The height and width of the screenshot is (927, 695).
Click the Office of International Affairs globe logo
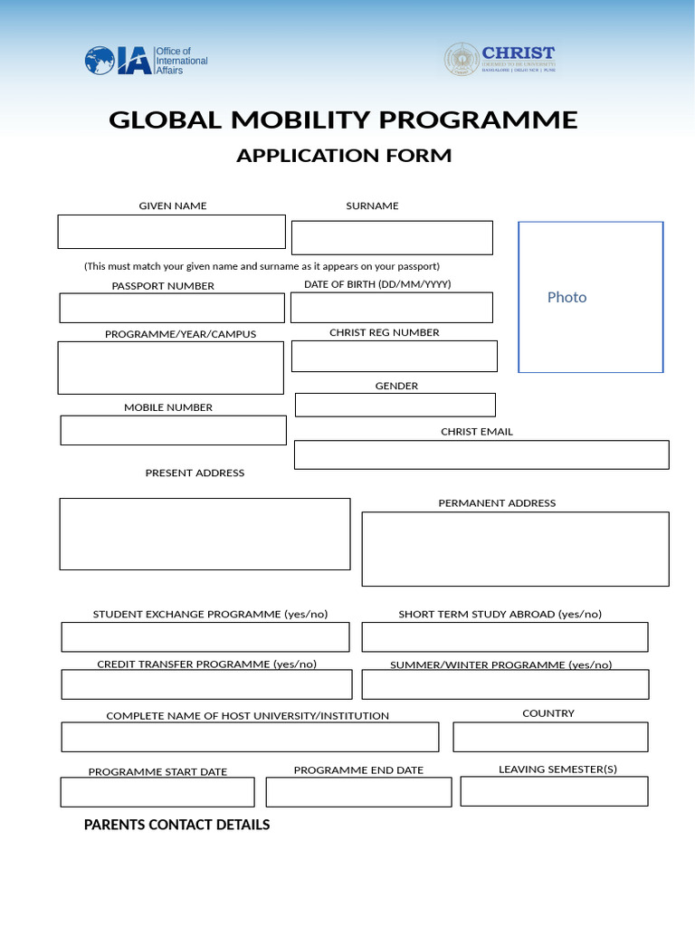[x=100, y=61]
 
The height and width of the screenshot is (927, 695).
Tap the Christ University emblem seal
[x=462, y=60]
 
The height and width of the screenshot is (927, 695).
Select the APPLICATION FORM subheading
[x=344, y=156]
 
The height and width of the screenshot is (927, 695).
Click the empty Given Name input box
[x=171, y=232]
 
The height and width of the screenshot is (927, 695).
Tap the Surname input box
[x=392, y=238]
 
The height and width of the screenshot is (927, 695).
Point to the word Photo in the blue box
[x=566, y=297]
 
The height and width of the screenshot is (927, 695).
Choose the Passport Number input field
[x=172, y=308]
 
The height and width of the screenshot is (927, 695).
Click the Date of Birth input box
[x=391, y=308]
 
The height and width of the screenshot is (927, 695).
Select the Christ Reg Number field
[x=394, y=356]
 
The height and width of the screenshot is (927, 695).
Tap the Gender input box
[x=395, y=405]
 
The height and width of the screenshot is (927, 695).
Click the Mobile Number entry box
[x=173, y=430]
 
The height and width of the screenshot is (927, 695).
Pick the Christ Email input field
[x=481, y=454]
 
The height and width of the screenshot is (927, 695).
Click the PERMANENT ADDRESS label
[x=497, y=503]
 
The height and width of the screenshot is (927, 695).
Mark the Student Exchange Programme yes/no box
[x=205, y=637]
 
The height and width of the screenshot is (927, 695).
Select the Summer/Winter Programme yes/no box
[x=505, y=684]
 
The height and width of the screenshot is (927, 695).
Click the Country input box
[x=550, y=737]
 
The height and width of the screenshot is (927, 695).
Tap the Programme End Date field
[x=358, y=792]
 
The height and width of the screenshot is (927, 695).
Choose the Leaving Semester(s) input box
[x=554, y=791]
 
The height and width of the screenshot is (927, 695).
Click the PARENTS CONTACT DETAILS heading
[x=176, y=825]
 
